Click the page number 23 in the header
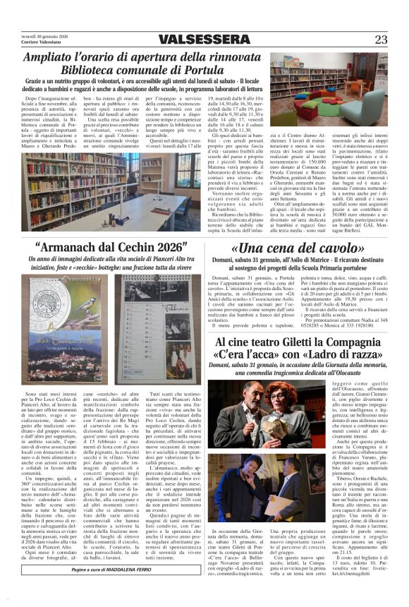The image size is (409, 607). click(381, 40)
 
